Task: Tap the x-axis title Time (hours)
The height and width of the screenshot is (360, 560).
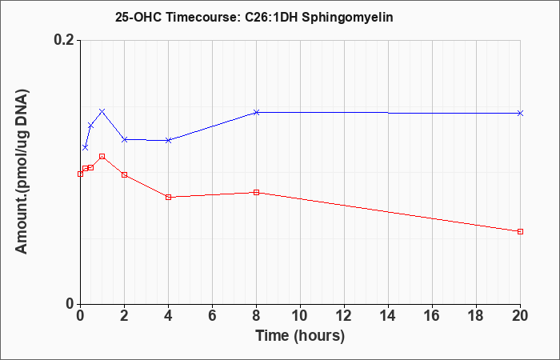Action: [x=300, y=336]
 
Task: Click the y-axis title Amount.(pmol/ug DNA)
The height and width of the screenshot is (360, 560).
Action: [x=22, y=172]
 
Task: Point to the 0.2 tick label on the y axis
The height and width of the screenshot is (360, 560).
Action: [x=64, y=40]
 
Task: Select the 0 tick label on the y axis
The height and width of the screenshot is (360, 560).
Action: [x=70, y=304]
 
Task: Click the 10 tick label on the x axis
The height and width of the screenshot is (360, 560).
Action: [x=300, y=316]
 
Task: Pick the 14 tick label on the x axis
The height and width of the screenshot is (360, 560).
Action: [x=388, y=316]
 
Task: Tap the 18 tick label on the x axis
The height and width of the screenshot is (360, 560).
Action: [x=476, y=316]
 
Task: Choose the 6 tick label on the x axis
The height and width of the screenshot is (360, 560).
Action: [x=212, y=316]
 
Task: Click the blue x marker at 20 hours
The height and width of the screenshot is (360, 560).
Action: [x=520, y=114]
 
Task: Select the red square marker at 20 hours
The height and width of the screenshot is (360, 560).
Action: [x=520, y=231]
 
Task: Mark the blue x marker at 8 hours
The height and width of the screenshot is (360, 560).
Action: [x=256, y=113]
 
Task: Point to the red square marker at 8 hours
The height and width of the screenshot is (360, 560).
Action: [x=256, y=192]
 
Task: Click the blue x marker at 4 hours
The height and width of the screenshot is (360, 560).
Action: [x=169, y=140]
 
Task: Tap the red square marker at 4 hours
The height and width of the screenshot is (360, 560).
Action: [x=169, y=197]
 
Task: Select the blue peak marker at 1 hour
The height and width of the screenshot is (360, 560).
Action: [x=102, y=111]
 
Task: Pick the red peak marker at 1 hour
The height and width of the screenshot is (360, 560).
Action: [x=102, y=156]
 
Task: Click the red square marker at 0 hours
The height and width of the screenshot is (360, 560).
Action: [x=80, y=174]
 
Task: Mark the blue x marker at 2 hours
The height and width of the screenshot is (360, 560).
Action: [x=124, y=139]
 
